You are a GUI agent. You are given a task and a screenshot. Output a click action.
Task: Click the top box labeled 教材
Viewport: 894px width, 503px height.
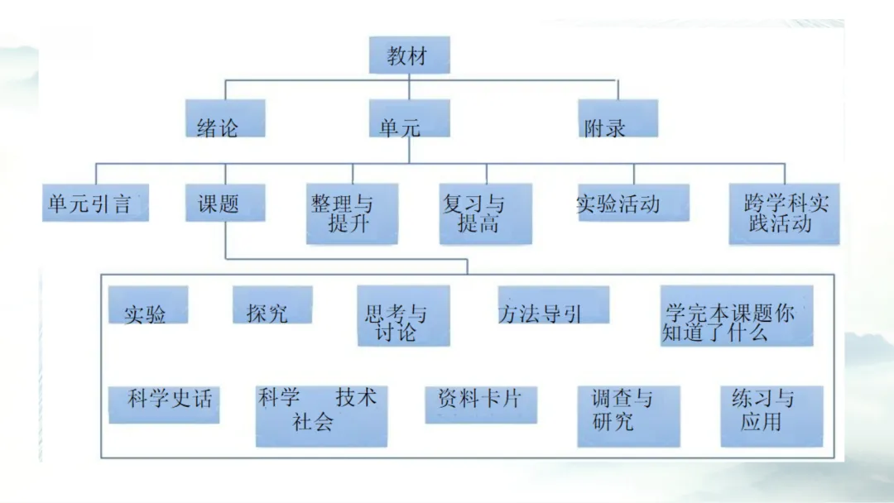(x=408, y=55)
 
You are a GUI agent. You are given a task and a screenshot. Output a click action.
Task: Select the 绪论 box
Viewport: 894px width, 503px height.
(x=224, y=119)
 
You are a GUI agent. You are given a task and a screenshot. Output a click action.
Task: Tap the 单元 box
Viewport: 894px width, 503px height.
(x=408, y=119)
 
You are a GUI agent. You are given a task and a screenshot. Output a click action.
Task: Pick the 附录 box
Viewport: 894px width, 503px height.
(x=618, y=119)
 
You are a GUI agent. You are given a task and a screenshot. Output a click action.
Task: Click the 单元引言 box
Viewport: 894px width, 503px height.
(x=95, y=203)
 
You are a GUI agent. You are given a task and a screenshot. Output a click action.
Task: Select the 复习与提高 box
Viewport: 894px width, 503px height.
(x=485, y=213)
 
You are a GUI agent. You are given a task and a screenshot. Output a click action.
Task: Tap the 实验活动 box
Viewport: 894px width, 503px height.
(x=632, y=203)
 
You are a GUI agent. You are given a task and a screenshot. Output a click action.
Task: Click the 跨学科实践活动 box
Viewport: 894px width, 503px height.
(x=783, y=213)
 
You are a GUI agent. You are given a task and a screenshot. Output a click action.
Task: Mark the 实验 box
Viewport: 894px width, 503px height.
(x=148, y=305)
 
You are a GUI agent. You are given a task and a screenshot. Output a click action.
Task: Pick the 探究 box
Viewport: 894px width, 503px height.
(x=272, y=305)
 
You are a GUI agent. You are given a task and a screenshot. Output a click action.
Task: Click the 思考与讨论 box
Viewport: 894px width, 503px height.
(x=403, y=315)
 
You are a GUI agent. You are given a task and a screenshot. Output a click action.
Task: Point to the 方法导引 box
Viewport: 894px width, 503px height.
(x=553, y=305)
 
